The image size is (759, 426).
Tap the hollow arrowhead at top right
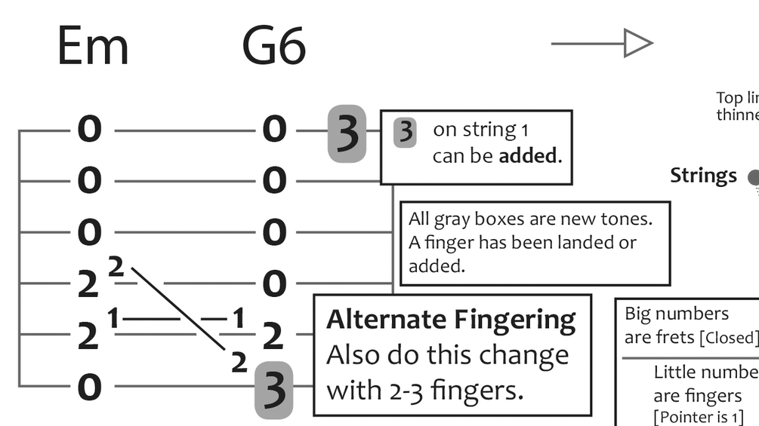coord(637,43)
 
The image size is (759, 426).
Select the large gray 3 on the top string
coord(347,133)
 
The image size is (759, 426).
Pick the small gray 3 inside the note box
coord(406,132)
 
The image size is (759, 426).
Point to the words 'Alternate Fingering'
coord(451,320)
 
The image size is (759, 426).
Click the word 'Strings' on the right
coord(703,176)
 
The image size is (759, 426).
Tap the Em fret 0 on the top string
coord(89,130)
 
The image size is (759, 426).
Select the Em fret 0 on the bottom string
coord(89,388)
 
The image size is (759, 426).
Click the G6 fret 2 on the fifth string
coord(273,336)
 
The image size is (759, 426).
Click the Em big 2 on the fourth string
coord(88,285)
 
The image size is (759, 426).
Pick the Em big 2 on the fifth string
coord(88,336)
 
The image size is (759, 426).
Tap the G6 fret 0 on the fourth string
coord(274,285)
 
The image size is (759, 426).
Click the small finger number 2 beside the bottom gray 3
coord(239,363)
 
